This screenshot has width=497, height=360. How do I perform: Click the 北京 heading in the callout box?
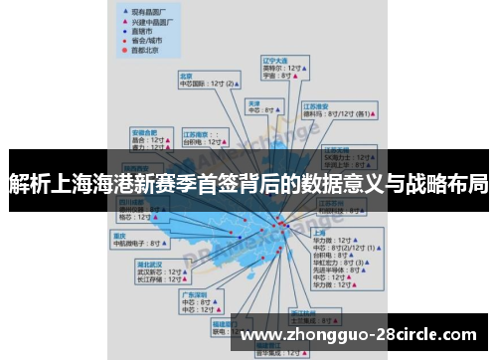click(x=186, y=76)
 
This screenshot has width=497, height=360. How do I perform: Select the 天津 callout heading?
click(x=254, y=102)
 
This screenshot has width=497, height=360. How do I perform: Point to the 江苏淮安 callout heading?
click(x=315, y=104)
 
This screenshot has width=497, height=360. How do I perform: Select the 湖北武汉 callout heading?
click(x=149, y=264)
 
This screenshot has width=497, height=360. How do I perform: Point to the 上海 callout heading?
click(x=320, y=231)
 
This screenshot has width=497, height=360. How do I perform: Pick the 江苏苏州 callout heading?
click(x=331, y=202)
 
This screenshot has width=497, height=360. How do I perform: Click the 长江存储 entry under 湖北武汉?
click(x=149, y=279)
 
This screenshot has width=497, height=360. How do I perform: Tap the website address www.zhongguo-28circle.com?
click(x=359, y=334)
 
